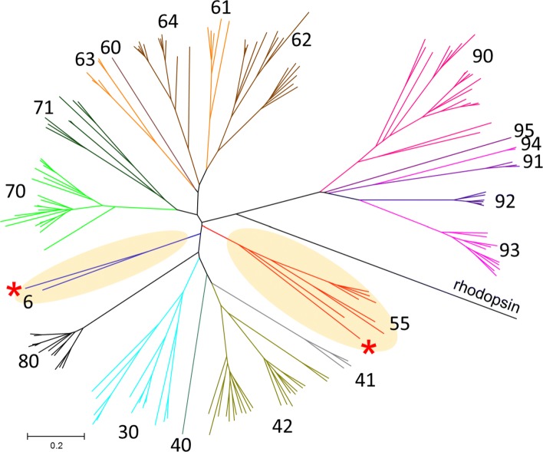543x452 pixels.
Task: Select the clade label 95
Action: (x=525, y=129)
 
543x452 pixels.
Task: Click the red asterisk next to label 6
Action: (x=13, y=291)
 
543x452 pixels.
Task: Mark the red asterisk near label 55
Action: (x=369, y=348)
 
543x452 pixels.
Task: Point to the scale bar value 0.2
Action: (x=56, y=445)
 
